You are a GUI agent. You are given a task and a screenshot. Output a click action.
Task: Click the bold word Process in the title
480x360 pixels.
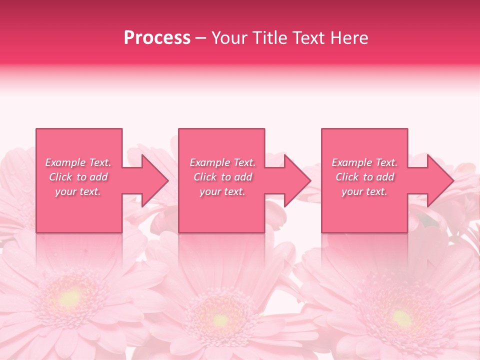point(157,38)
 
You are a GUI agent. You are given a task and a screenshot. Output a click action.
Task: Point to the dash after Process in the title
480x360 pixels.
point(201,38)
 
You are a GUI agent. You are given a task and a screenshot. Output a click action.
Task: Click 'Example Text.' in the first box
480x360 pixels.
point(78,162)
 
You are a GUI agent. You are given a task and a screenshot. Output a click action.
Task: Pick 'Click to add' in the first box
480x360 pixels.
point(78,177)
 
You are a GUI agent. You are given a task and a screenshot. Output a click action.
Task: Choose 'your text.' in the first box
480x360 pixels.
point(78,191)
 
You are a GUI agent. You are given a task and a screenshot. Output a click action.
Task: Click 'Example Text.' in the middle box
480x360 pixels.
point(222,162)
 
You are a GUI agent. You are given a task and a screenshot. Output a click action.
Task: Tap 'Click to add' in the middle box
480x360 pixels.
point(222,177)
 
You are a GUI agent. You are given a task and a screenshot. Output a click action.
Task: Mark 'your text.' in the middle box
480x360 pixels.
point(222,191)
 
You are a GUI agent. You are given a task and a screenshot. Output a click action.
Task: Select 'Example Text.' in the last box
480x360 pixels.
point(364,162)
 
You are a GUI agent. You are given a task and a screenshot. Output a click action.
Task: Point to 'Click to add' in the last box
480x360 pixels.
point(364,177)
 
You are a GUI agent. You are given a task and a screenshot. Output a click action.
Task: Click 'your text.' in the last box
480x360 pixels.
point(364,191)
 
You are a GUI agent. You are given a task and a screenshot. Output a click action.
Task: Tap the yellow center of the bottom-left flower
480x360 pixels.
point(70,298)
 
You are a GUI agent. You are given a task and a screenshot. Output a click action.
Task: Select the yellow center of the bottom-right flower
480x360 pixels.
point(401,317)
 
